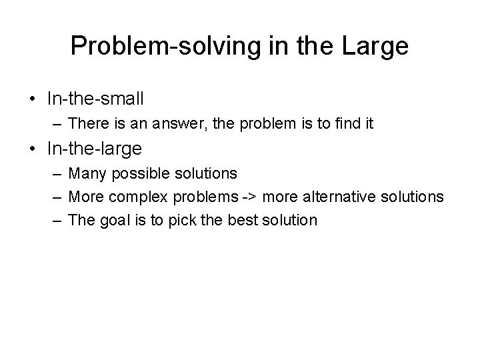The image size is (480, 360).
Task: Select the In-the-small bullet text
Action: point(95,99)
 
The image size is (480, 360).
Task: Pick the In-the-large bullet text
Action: point(95,145)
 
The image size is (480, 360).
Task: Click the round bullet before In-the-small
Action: point(32,100)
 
